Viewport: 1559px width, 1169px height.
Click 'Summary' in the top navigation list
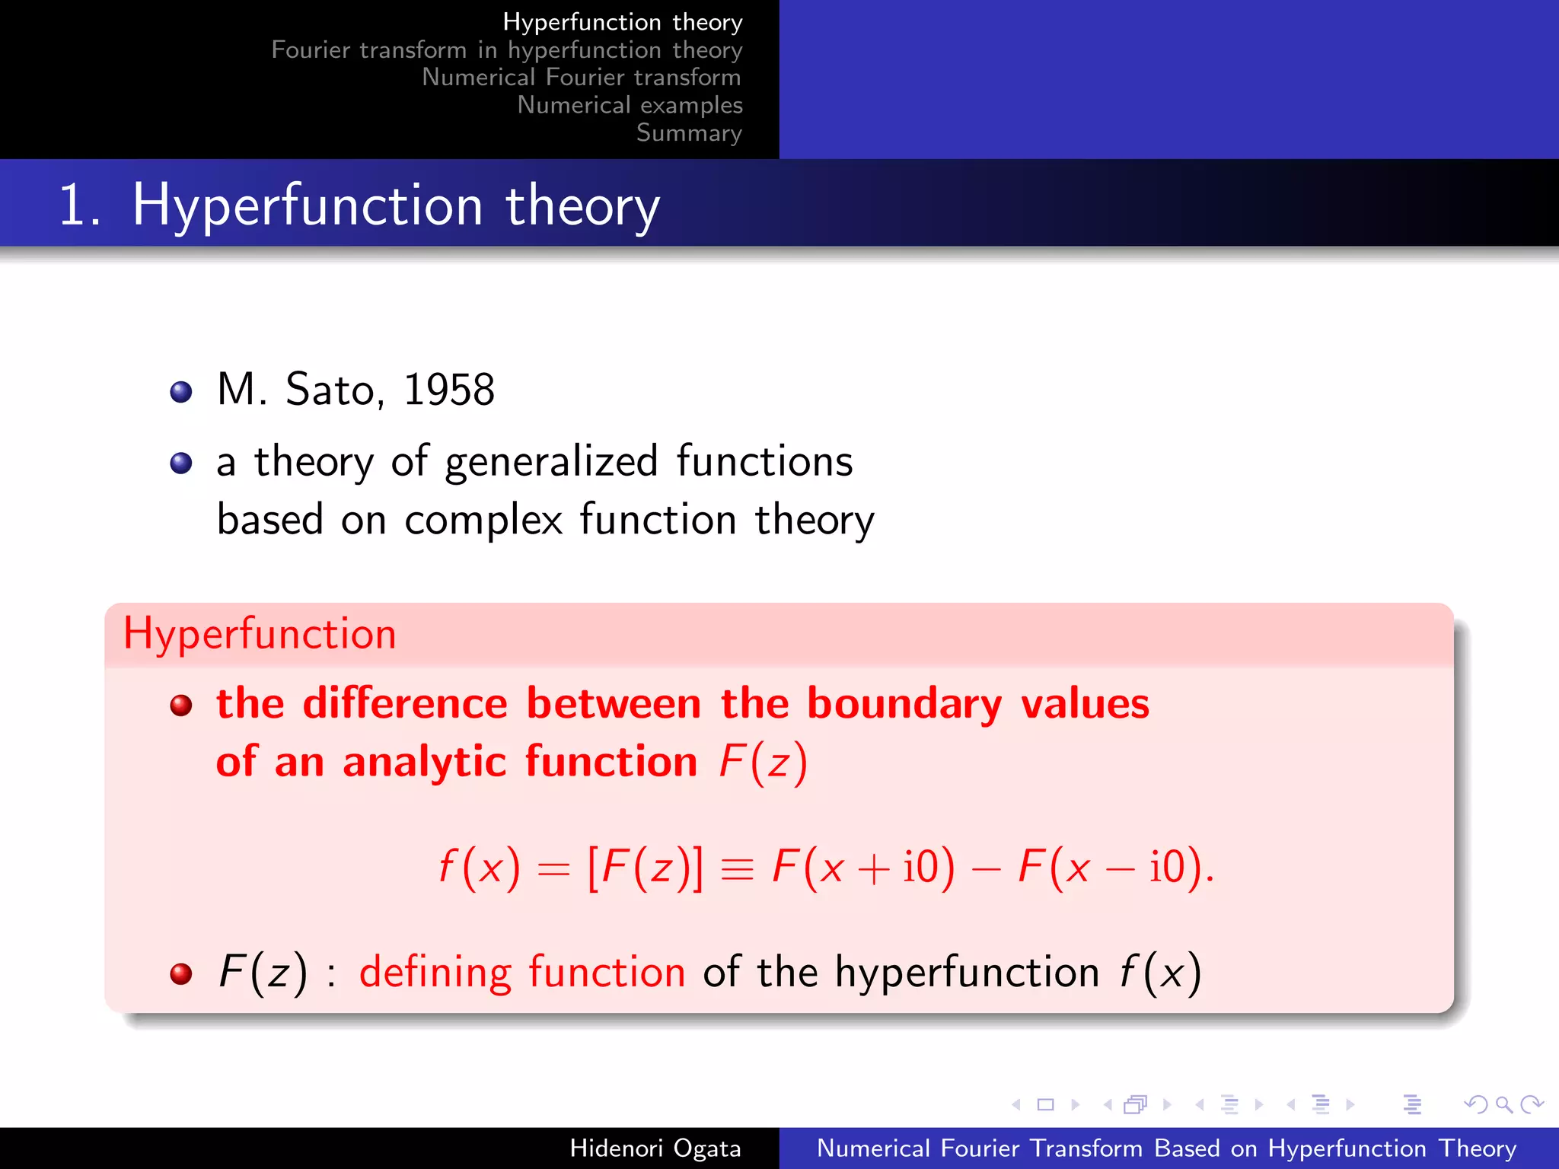click(688, 132)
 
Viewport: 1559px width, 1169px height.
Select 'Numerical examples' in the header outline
click(630, 105)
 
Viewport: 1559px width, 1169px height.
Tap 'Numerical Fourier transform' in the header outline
click(581, 78)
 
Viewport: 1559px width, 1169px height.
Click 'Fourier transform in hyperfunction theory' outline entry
click(506, 50)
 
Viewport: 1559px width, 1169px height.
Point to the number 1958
click(448, 390)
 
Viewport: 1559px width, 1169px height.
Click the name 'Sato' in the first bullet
click(330, 390)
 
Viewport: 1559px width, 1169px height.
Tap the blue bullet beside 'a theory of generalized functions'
click(181, 463)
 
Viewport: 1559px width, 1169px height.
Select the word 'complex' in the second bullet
click(483, 521)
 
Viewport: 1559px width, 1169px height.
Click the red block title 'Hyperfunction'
click(260, 634)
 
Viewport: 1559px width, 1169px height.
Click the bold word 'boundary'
click(904, 703)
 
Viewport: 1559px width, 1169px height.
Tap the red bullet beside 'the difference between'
click(181, 706)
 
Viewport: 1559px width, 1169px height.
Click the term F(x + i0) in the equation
click(862, 867)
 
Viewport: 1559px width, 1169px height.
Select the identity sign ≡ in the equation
click(737, 868)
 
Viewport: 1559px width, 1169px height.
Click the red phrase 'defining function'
click(522, 973)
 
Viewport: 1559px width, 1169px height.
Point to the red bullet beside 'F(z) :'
click(181, 973)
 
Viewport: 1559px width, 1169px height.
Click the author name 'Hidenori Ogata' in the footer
click(655, 1148)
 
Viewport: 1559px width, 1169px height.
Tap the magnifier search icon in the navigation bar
click(1503, 1104)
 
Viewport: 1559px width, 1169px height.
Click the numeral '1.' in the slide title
click(80, 205)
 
